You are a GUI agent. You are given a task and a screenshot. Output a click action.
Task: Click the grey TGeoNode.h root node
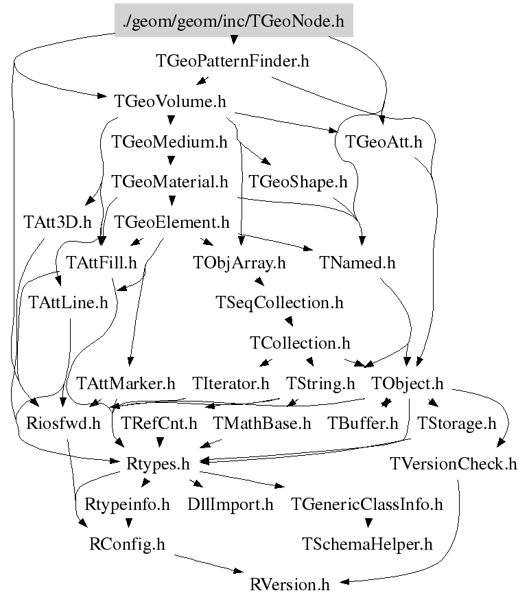point(234,21)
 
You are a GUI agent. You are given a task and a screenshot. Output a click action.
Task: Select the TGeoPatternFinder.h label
point(232,61)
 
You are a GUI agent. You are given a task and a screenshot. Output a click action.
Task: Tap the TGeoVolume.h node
point(169,102)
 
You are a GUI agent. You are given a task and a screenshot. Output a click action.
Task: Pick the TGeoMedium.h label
point(169,142)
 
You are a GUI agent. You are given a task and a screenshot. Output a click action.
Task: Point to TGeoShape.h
point(298,182)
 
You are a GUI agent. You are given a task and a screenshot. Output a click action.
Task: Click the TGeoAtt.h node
point(384,142)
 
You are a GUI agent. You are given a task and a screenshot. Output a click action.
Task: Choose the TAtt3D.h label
point(58,222)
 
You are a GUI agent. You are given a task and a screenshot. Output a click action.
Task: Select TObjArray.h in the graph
point(239,263)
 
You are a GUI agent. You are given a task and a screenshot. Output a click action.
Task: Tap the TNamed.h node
point(357,263)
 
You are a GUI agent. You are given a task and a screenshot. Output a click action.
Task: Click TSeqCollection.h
point(279,303)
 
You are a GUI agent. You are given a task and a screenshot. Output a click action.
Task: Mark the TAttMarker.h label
point(126,384)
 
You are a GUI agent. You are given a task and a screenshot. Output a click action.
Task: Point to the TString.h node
point(320,384)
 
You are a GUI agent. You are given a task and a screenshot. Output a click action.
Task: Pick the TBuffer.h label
point(363,423)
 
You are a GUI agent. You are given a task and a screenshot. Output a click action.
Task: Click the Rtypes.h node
point(158,464)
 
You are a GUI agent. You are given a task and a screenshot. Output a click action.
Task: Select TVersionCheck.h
point(453,464)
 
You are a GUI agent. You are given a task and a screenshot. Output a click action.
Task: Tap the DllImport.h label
point(231,504)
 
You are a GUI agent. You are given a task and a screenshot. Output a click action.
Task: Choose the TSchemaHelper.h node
point(367,544)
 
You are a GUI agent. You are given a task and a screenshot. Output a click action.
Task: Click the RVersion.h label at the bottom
point(290,584)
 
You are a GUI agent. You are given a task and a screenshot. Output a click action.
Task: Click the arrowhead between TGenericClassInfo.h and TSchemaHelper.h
point(368,523)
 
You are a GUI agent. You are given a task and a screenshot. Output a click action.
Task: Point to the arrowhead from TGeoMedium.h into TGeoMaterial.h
point(172,160)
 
